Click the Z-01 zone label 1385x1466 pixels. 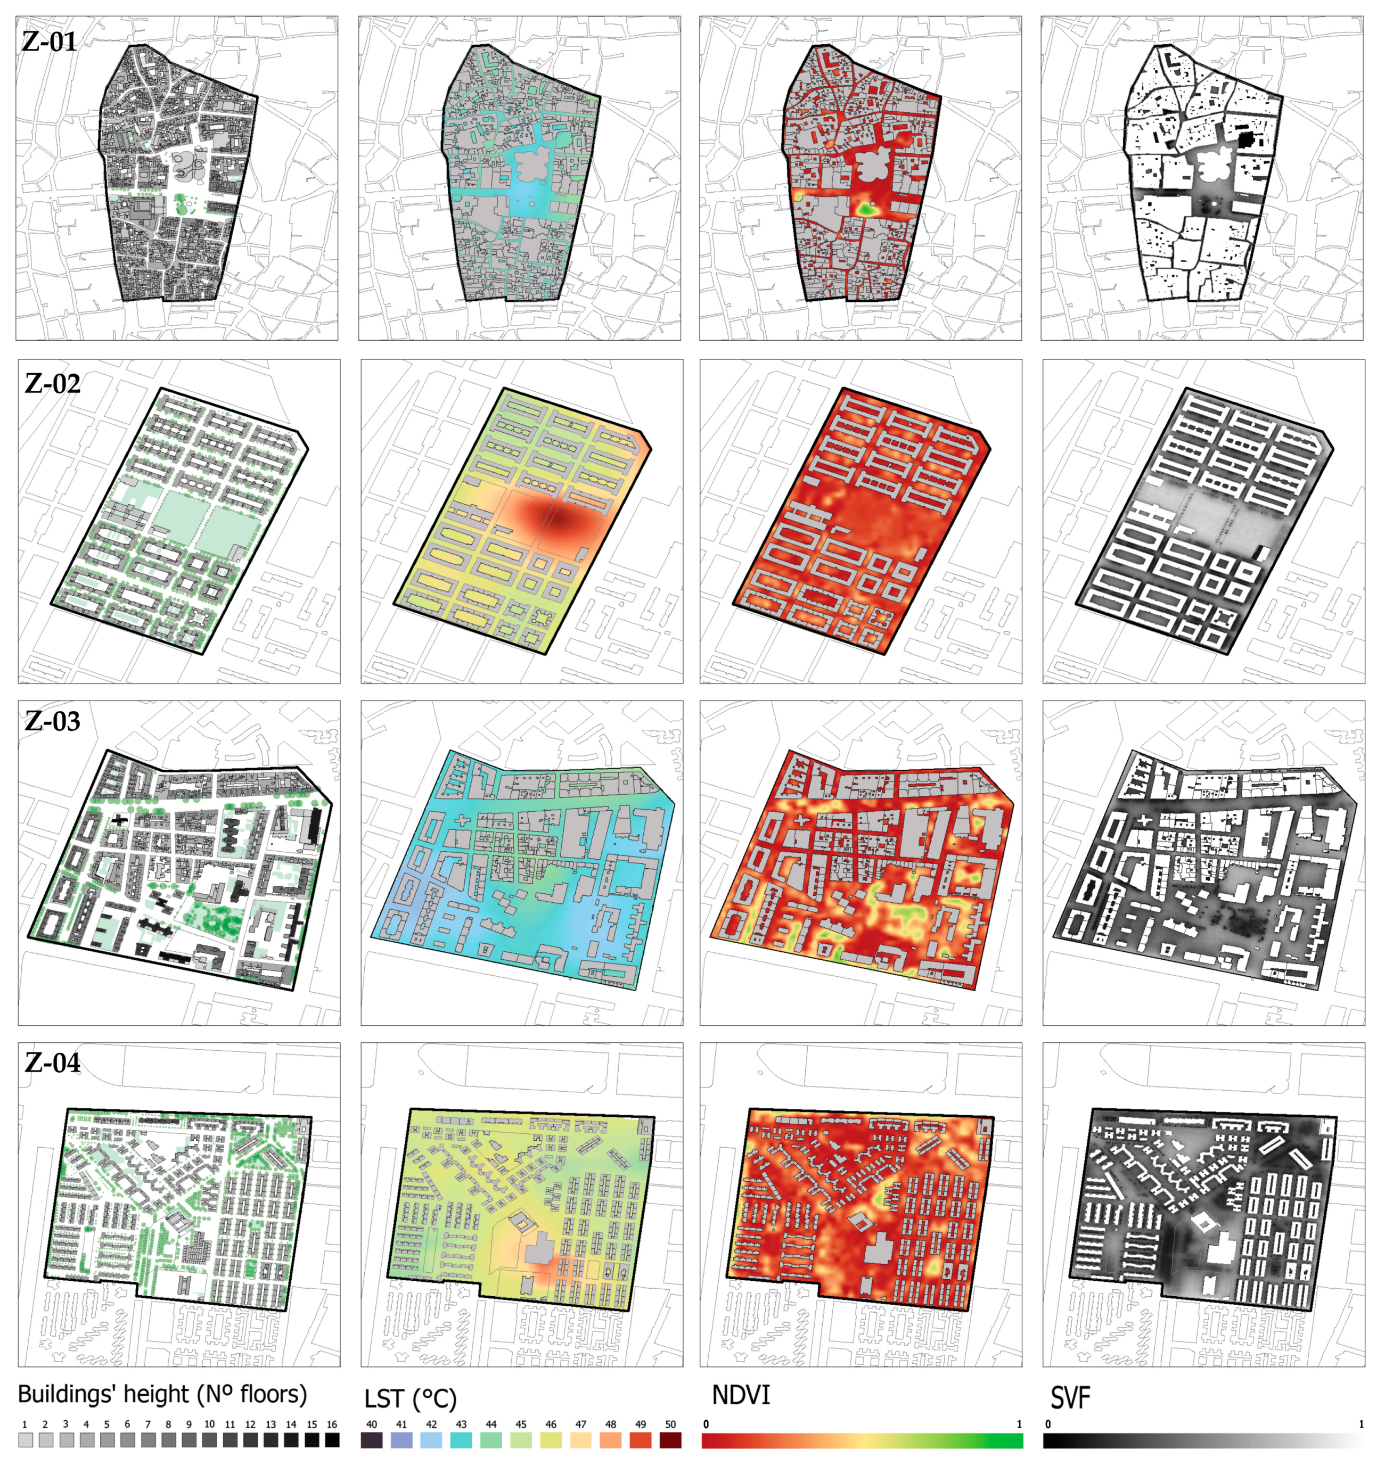click(50, 42)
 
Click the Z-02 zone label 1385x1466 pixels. click(52, 384)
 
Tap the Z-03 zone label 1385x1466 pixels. click(52, 721)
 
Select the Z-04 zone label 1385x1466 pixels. click(52, 1063)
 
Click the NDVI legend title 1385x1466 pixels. click(741, 1396)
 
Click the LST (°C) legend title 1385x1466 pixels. click(411, 1399)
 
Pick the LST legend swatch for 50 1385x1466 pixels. click(670, 1440)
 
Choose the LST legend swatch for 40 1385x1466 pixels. click(371, 1440)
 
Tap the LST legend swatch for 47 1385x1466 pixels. click(581, 1440)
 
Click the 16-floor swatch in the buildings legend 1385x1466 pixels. click(332, 1440)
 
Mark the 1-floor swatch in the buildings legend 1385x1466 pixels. click(25, 1440)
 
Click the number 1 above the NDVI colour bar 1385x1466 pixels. click(1019, 1424)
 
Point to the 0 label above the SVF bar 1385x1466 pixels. click(1047, 1424)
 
